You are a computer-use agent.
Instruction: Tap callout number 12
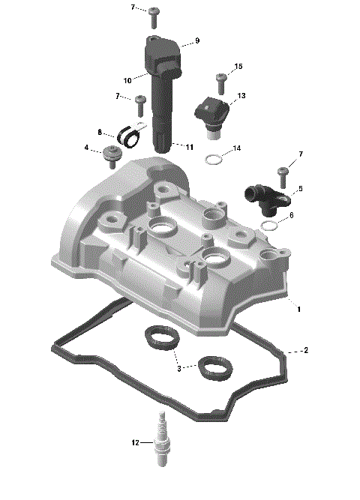pos(136,443)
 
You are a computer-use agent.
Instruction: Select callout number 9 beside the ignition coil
pos(196,40)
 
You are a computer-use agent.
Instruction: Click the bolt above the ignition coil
pos(154,13)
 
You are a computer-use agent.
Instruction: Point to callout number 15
pos(238,67)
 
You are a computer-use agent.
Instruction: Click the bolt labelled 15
pos(221,79)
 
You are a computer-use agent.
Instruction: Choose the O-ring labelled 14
pos(214,159)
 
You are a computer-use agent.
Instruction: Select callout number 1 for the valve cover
pos(298,308)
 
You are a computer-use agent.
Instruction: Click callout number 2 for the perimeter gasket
pos(305,350)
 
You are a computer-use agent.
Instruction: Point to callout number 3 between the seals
pos(178,368)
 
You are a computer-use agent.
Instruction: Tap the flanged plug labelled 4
pos(113,157)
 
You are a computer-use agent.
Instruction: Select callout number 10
pos(127,79)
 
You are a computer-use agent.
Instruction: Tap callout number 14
pos(237,148)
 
